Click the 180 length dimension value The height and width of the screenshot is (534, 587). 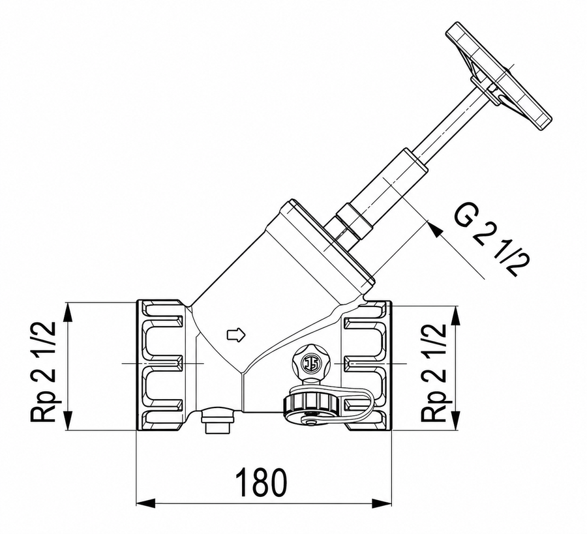[x=262, y=481]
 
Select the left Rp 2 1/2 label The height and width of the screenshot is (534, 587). [x=44, y=372]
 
